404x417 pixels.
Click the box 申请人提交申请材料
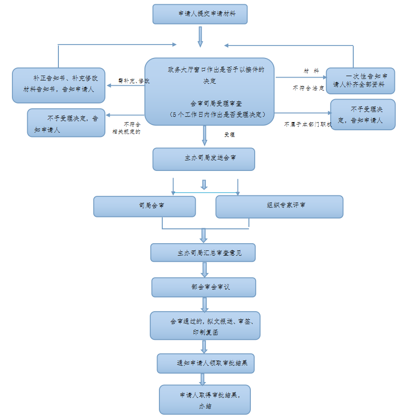[200, 14]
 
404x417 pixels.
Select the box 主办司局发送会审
[203, 159]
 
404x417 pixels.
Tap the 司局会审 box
[144, 206]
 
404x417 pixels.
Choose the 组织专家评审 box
[279, 206]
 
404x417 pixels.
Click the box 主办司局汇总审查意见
[202, 252]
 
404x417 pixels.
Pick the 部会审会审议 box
[203, 287]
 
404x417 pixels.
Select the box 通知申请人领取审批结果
[205, 363]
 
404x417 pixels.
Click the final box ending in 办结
[205, 399]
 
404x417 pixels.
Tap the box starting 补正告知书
[58, 85]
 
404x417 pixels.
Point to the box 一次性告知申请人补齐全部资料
[360, 80]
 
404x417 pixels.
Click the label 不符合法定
[309, 88]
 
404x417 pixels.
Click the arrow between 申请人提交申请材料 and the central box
[201, 36]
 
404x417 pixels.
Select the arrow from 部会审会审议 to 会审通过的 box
[205, 304]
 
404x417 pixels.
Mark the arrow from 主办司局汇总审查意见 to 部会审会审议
[205, 269]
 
